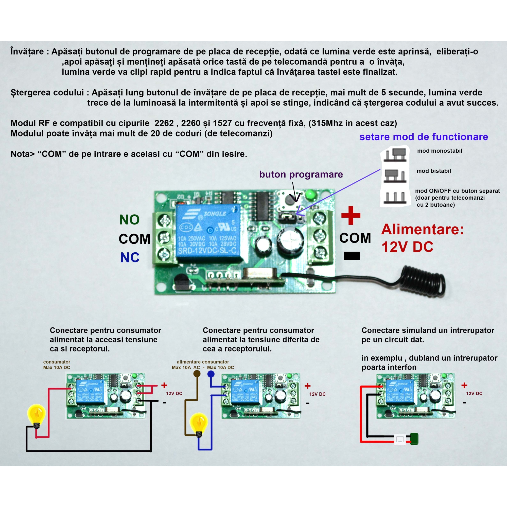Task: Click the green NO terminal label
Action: coord(129,220)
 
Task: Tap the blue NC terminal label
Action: coord(130,257)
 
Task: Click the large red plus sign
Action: coord(351,215)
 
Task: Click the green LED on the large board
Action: coord(311,195)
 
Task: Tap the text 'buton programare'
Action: coord(301,174)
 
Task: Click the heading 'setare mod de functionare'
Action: coord(424,137)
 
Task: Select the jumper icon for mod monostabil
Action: coord(395,155)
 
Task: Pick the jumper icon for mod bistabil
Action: coord(395,176)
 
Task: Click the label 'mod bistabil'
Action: coord(433,171)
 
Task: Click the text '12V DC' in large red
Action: coord(407,247)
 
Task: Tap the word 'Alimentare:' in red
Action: coord(423,229)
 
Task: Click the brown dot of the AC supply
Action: coord(197,374)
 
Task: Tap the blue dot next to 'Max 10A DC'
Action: coord(211,374)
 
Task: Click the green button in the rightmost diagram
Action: coord(414,439)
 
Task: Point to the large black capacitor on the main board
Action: coord(290,240)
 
